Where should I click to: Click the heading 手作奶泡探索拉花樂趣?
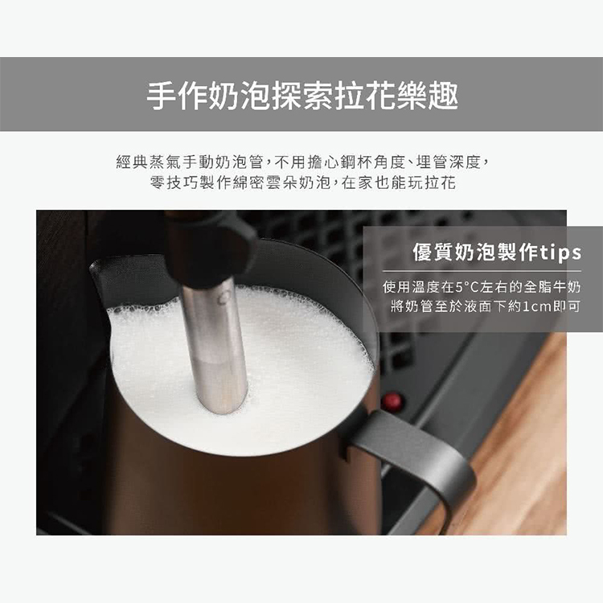302,96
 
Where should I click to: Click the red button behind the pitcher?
392,401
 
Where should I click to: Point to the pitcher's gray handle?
419,453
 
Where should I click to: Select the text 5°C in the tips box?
466,287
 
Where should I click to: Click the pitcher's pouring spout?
103,277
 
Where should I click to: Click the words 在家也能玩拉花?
399,183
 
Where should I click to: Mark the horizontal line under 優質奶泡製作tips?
482,271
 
